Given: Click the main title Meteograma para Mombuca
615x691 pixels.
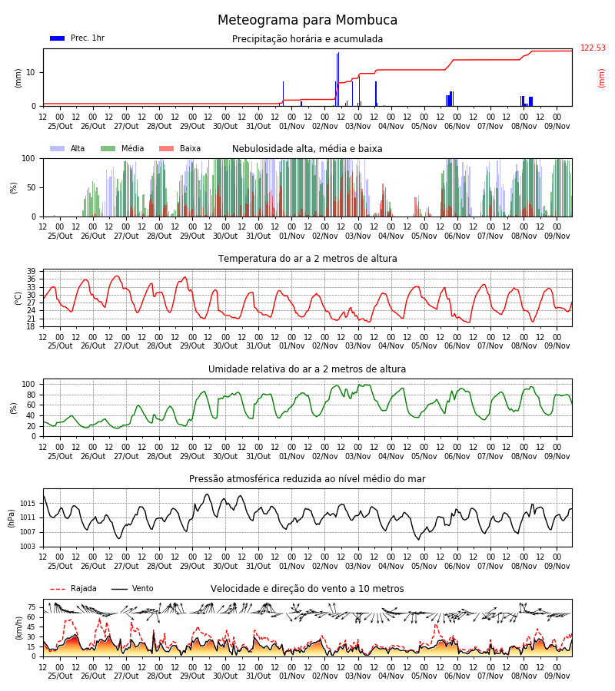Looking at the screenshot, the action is pos(307,20).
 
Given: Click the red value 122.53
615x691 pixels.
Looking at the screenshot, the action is pos(593,48).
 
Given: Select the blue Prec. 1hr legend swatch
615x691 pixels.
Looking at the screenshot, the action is pos(58,38).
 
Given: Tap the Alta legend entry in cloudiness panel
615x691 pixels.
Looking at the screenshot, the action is pos(68,148).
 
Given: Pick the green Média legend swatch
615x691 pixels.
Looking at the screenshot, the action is pos(108,148).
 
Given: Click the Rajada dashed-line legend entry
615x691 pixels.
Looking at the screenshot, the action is pos(73,588).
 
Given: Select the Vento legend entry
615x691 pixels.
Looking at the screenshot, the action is pos(132,588).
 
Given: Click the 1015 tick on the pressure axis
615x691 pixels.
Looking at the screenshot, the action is pos(28,503).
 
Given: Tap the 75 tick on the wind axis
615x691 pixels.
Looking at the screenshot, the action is pos(32,607).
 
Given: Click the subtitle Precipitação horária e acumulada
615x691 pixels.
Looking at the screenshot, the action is pos(307,39).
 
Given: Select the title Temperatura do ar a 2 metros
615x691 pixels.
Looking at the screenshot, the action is pos(307,259).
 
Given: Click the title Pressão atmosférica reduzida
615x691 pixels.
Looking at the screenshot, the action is pos(307,478).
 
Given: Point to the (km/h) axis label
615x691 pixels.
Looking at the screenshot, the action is pos(18,628).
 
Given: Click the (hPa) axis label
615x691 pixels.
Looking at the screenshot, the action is pos(11,518).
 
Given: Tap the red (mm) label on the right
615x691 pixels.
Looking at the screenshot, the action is pos(601,78).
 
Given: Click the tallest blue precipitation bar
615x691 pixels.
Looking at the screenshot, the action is pos(338,79).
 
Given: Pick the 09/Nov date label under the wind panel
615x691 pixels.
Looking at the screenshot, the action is pos(557,676).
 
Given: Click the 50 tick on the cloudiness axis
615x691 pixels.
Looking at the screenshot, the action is pos(32,188).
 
